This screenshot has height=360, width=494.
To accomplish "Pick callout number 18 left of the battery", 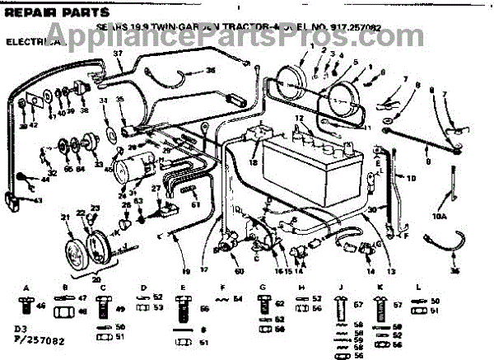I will click(x=252, y=162).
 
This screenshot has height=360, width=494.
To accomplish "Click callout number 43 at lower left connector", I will click(x=37, y=200).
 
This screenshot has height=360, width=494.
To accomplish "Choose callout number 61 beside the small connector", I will click(x=195, y=202).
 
